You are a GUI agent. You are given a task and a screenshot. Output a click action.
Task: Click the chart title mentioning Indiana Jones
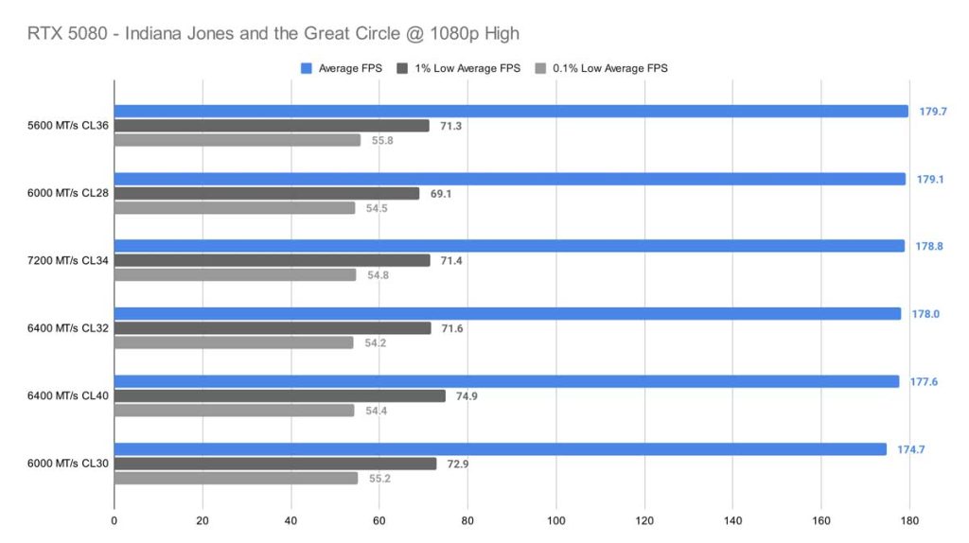274,34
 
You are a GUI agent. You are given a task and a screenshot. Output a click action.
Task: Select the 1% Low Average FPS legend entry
463,68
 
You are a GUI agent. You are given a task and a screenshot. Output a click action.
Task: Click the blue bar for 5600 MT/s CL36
511,111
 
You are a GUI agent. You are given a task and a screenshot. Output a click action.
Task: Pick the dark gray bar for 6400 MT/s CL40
280,396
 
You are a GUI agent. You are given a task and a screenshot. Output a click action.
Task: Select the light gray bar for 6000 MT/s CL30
237,479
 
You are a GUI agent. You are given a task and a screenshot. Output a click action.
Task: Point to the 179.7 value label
933,111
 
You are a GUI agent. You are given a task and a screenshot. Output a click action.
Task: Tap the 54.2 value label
375,342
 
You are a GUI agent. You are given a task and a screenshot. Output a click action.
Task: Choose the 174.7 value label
911,449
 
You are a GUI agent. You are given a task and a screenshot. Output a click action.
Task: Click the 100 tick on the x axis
555,520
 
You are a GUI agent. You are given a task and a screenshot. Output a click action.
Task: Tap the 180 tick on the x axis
909,520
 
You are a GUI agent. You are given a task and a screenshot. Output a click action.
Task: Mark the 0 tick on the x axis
115,520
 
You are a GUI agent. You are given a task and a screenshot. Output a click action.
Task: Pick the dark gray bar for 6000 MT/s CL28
267,193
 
